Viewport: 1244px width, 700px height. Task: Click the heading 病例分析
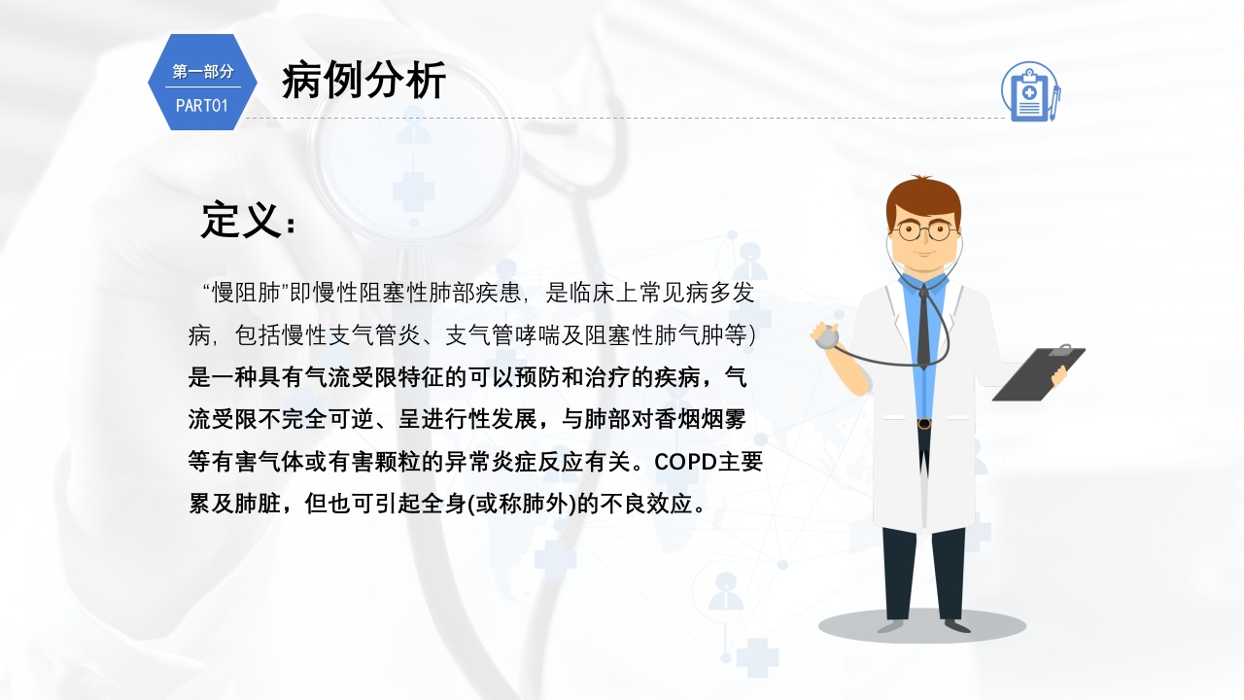click(x=363, y=81)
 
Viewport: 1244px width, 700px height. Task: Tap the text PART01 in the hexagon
click(x=202, y=106)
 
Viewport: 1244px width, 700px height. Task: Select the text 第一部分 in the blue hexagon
click(x=203, y=72)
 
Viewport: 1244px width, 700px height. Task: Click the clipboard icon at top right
click(x=1031, y=91)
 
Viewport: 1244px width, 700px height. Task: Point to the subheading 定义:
click(x=248, y=221)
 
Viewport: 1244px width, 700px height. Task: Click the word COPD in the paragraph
click(x=685, y=462)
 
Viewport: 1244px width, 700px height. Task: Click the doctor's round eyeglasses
click(x=923, y=230)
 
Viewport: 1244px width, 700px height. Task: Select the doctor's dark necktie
click(x=923, y=327)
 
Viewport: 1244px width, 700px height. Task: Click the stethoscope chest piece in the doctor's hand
click(x=827, y=337)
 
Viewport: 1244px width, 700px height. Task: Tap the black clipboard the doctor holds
click(x=1039, y=373)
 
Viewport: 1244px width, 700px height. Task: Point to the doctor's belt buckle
click(x=924, y=424)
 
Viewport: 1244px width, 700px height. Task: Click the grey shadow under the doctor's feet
click(x=922, y=626)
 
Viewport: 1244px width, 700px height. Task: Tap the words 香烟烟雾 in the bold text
click(x=700, y=419)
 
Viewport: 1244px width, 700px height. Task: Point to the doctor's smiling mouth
click(x=924, y=254)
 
